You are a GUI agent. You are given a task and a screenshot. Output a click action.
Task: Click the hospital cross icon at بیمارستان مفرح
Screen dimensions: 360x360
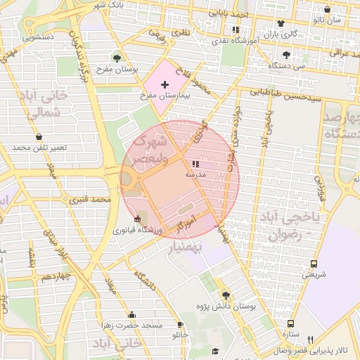[x=165, y=84]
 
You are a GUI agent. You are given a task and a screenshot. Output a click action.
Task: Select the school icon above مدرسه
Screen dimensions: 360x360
[x=195, y=164]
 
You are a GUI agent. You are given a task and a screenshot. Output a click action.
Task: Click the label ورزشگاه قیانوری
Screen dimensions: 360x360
[x=138, y=230]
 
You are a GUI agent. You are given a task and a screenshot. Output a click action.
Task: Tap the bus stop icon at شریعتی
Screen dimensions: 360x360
[x=314, y=264]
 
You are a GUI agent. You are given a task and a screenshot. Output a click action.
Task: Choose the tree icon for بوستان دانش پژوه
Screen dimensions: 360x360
[x=226, y=295]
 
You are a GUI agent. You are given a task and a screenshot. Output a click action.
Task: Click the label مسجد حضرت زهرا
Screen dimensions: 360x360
[x=132, y=326]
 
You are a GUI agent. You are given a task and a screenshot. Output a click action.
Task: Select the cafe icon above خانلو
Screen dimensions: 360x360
[x=181, y=325]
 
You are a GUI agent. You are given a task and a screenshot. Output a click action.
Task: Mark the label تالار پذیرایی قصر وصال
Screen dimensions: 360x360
[x=330, y=349]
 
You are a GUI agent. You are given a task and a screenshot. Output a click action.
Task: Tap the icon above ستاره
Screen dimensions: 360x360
[x=290, y=323]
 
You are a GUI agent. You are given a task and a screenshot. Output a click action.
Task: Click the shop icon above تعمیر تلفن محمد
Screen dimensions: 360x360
[x=38, y=137]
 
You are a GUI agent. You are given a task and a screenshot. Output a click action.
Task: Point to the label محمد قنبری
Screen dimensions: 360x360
[x=90, y=200]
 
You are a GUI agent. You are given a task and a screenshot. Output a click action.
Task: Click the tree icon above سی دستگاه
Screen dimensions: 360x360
[x=285, y=55]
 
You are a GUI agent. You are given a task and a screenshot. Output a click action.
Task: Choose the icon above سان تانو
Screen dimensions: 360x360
[x=328, y=10]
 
